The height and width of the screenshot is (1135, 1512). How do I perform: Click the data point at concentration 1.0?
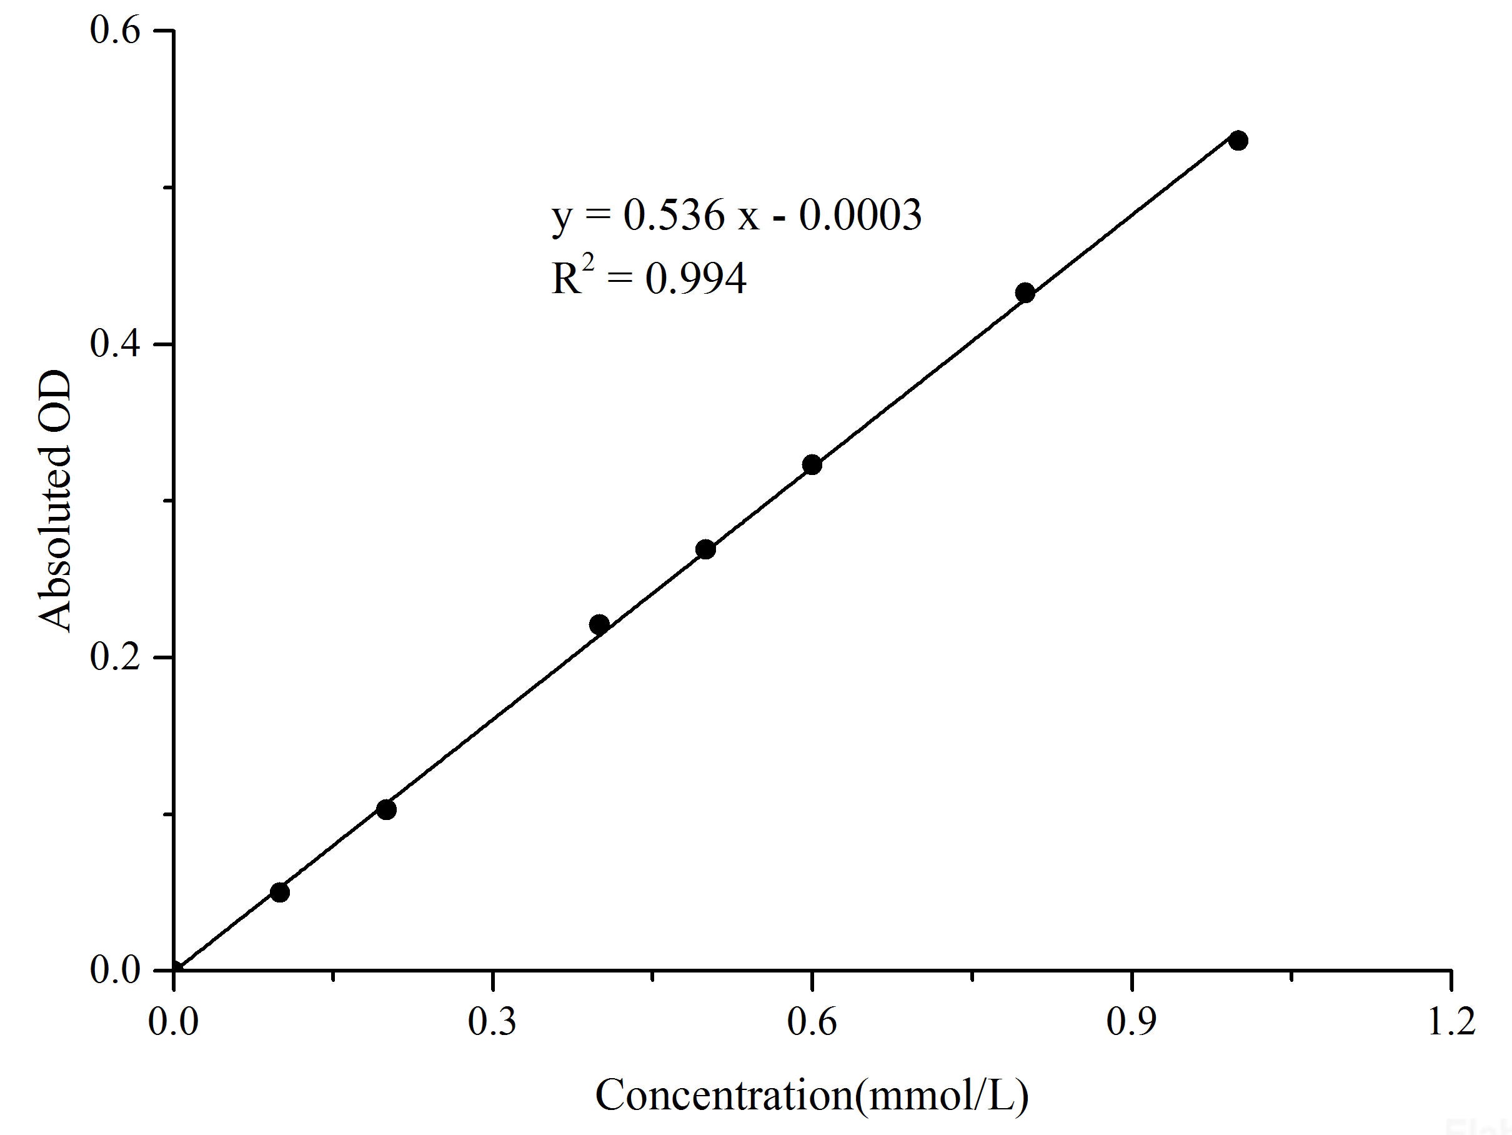(x=1238, y=141)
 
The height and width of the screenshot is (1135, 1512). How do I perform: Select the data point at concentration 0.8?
(x=1025, y=293)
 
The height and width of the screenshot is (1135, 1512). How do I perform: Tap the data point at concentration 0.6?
(x=812, y=465)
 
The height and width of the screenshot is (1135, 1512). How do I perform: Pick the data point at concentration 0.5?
(x=705, y=549)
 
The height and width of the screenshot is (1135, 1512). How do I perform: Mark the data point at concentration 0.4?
(x=599, y=624)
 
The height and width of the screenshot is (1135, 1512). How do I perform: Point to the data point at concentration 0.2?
(x=386, y=809)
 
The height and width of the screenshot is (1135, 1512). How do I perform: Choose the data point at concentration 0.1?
(x=279, y=892)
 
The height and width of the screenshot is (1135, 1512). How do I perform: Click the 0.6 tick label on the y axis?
(x=115, y=31)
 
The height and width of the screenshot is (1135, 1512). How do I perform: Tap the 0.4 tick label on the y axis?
(x=115, y=344)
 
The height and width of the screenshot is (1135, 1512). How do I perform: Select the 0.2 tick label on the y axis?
(x=115, y=657)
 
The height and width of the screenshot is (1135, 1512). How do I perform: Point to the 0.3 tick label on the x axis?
(x=492, y=1023)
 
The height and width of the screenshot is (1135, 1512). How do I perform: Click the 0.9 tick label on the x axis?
(x=1132, y=1023)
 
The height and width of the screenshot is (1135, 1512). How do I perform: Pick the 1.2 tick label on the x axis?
(x=1451, y=1023)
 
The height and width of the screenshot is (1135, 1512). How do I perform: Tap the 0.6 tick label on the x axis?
(x=812, y=1023)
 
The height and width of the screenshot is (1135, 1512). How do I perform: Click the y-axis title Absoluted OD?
(x=55, y=501)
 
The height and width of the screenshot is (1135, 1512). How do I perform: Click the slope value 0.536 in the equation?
(x=674, y=216)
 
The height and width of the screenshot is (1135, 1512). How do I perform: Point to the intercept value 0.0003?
(x=860, y=216)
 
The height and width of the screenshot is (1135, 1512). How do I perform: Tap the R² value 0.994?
(x=696, y=279)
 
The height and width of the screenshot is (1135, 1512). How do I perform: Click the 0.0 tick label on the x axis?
(x=174, y=1023)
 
